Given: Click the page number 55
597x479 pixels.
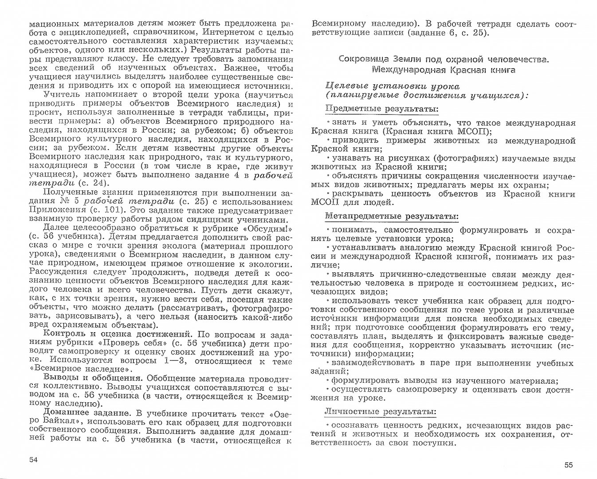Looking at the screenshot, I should [569, 465].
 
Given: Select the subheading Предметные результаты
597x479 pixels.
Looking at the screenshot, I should [382, 109].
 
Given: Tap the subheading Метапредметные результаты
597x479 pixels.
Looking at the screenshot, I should [392, 216].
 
